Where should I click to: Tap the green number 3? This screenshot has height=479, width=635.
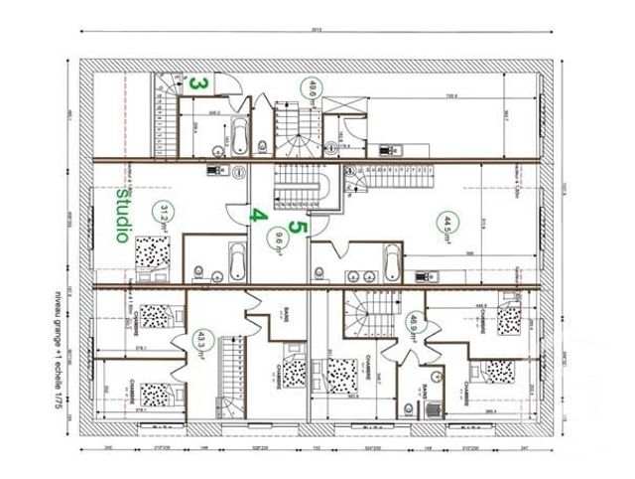pos(198,83)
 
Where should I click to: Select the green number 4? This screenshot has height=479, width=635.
pos(257,212)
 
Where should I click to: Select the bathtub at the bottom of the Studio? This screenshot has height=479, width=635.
pos(235,263)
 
